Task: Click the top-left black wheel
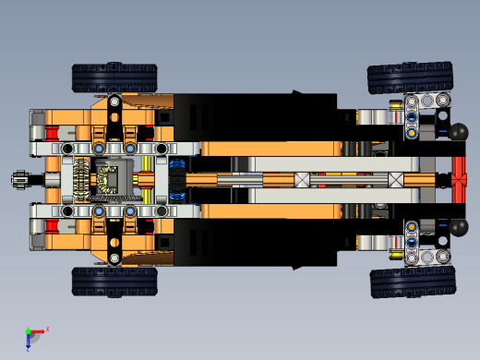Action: pyautogui.click(x=115, y=78)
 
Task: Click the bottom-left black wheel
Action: pyautogui.click(x=114, y=281)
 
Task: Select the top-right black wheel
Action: pyautogui.click(x=410, y=78)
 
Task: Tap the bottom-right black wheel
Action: pyautogui.click(x=413, y=282)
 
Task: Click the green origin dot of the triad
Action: pyautogui.click(x=28, y=331)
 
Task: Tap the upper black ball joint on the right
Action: pyautogui.click(x=459, y=132)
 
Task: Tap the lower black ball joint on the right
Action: pyautogui.click(x=458, y=225)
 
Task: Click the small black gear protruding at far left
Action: pyautogui.click(x=19, y=179)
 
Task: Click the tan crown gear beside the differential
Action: pyautogui.click(x=81, y=179)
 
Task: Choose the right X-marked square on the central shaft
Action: pyautogui.click(x=396, y=180)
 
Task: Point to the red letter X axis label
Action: pyautogui.click(x=47, y=328)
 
